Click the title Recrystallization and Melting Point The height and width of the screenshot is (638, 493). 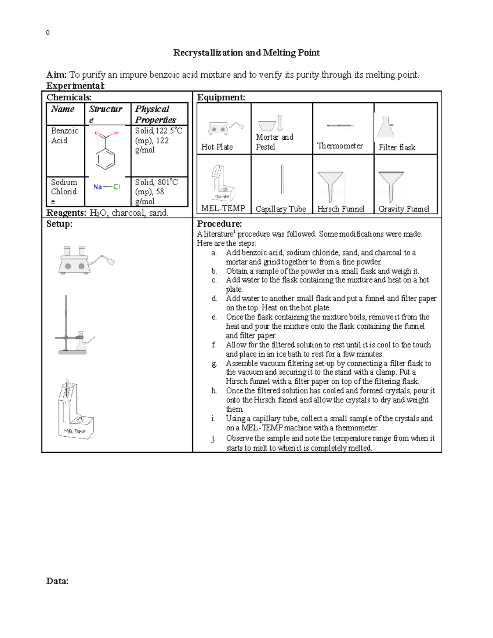click(246, 53)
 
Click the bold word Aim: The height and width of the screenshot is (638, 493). click(57, 75)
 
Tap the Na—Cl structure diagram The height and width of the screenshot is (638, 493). click(106, 187)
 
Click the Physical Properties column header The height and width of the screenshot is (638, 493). click(155, 114)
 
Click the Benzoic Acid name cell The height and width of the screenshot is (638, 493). click(65, 136)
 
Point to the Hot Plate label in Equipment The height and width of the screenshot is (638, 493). click(217, 147)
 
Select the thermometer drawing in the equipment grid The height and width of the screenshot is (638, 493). click(340, 125)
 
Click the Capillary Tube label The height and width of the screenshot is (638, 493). click(281, 209)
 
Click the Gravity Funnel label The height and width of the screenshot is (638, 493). click(403, 209)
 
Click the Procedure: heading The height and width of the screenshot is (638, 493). click(219, 224)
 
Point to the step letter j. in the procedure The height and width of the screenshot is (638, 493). click(214, 438)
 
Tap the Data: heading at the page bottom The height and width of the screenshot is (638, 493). click(57, 581)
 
